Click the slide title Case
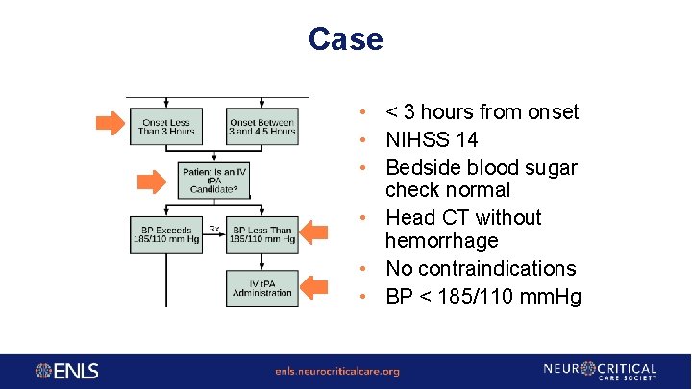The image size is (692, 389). coord(345,39)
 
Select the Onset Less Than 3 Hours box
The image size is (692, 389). coord(166,126)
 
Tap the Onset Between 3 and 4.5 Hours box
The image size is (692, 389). coord(262,126)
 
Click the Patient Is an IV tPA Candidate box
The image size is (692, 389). coord(214,180)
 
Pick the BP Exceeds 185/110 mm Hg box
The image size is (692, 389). coord(166,234)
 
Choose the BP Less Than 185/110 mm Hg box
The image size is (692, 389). coord(262,234)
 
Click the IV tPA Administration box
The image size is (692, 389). coord(262,287)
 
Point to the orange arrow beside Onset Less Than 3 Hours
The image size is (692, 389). coord(110,122)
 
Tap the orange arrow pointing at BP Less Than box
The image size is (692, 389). coord(318,231)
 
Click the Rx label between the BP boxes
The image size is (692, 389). coord(214,229)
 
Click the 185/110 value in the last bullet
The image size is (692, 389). coord(465,297)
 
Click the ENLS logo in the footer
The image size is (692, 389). coord(67,371)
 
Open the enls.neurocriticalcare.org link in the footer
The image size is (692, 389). coord(336,372)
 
